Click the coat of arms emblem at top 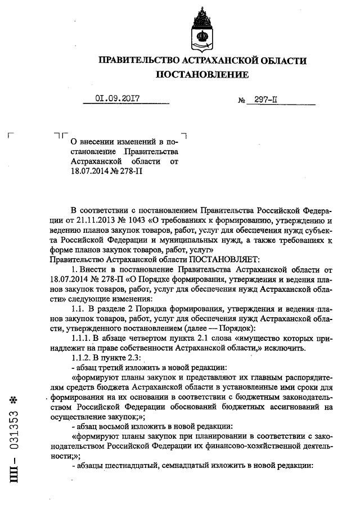coord(202,28)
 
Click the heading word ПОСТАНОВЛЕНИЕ coord(202,75)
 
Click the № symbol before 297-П coord(243,101)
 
